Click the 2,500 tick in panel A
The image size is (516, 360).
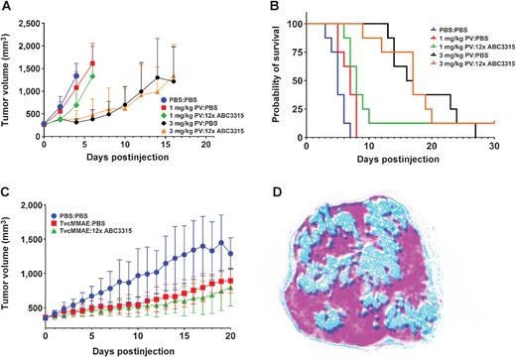(27, 17)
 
